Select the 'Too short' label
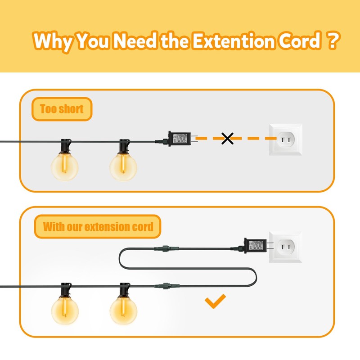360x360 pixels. (62, 109)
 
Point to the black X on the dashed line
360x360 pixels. (228, 139)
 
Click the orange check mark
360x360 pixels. (215, 302)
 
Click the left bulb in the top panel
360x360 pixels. (64, 166)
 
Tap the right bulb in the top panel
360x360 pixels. (123, 167)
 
